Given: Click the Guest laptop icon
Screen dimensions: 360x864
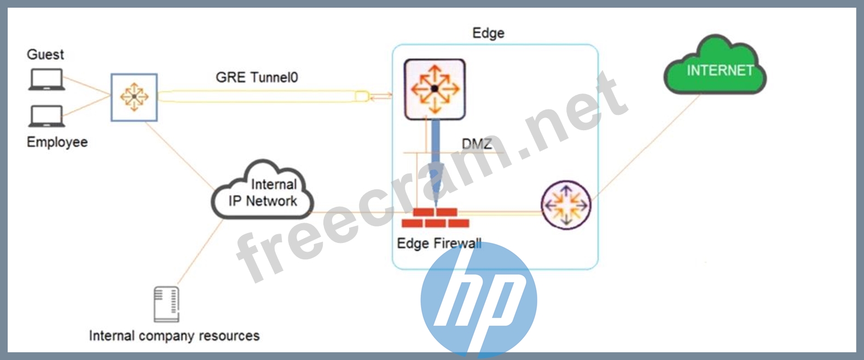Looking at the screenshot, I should click(x=47, y=79).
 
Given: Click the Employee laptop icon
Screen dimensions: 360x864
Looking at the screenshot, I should click(x=47, y=116).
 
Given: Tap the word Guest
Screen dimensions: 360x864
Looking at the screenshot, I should click(x=45, y=55).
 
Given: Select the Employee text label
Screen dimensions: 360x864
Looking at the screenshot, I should click(x=57, y=142).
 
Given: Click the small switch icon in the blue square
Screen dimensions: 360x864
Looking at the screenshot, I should click(x=134, y=97).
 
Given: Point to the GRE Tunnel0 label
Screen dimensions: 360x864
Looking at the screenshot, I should click(x=257, y=77).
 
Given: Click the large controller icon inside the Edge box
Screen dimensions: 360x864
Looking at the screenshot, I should click(x=434, y=89).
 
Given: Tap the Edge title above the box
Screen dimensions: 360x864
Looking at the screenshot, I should click(x=488, y=33).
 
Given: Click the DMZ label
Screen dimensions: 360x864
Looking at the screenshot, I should click(x=477, y=144).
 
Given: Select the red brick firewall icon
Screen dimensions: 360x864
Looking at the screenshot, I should click(x=436, y=218).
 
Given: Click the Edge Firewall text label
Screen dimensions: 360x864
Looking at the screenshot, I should click(x=439, y=243).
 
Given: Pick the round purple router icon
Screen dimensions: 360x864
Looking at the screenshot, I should click(x=566, y=205).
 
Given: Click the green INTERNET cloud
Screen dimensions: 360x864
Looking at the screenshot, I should click(x=715, y=68).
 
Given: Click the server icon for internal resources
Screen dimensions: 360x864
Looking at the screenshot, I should click(x=166, y=304).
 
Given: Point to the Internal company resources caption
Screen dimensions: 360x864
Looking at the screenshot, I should click(x=174, y=336).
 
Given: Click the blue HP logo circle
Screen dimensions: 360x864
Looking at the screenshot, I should click(x=478, y=300).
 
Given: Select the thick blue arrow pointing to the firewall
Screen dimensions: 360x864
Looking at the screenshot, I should click(x=436, y=159).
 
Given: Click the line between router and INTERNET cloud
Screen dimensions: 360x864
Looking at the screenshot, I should click(x=646, y=145).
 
